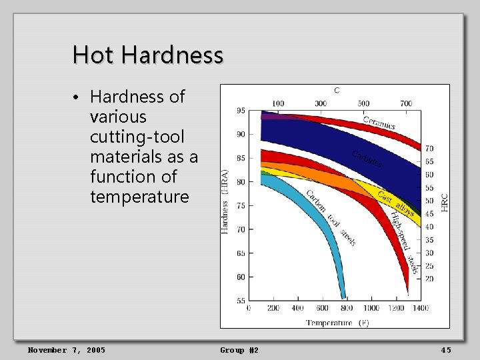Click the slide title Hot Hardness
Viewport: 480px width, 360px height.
pos(147,55)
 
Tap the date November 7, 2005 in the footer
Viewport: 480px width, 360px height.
pos(66,350)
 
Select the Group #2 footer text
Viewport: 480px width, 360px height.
pos(239,350)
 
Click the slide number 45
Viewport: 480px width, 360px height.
pos(446,350)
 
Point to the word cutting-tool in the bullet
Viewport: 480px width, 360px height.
pos(137,137)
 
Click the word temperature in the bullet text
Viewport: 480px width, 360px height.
pos(139,197)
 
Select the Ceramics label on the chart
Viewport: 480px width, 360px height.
pos(379,123)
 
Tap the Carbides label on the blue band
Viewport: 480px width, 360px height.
pos(367,159)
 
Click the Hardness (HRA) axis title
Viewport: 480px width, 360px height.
pos(225,201)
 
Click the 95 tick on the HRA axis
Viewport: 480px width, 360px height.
pos(240,111)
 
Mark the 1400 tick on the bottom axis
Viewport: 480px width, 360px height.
pos(420,308)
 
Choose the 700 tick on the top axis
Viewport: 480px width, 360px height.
pos(406,103)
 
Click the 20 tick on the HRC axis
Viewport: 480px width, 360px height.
pos(429,279)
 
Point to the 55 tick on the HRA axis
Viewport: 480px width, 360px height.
pos(240,301)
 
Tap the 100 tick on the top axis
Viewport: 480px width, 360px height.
pos(278,103)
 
